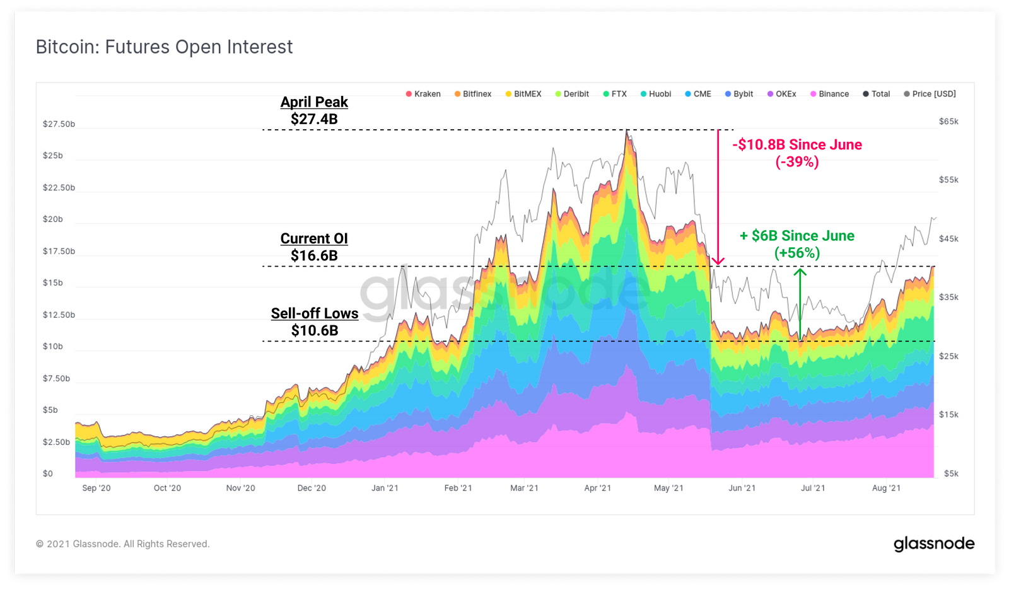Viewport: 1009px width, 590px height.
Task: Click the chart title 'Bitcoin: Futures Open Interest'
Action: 164,47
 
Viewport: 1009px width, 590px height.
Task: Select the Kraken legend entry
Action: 423,94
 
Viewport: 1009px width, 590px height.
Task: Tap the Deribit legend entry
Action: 572,94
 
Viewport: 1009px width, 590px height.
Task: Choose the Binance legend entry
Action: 830,94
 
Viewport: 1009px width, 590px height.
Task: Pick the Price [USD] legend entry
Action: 930,94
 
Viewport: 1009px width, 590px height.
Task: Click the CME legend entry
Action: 698,94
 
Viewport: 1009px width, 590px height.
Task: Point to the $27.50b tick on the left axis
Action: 59,124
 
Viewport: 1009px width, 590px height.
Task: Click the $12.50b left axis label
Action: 59,315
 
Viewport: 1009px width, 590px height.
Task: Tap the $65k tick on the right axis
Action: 948,122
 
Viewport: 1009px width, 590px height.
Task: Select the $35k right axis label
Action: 948,298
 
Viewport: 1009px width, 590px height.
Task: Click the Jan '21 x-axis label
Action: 385,488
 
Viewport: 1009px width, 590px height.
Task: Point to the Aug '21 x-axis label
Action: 886,488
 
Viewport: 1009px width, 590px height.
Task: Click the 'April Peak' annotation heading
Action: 314,102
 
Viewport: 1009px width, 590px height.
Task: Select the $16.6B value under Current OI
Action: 314,256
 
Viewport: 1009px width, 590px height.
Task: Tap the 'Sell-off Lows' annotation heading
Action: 315,314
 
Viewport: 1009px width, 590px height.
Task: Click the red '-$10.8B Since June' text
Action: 797,145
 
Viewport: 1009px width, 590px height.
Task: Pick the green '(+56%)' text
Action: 797,253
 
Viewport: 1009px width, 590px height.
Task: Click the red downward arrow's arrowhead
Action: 718,260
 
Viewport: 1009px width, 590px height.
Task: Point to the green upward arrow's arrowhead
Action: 800,273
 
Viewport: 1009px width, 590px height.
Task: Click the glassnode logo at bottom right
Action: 934,544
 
